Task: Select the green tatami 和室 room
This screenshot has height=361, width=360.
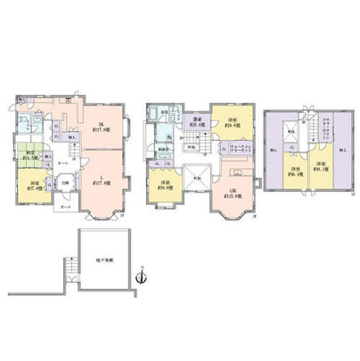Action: coord(29,154)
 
